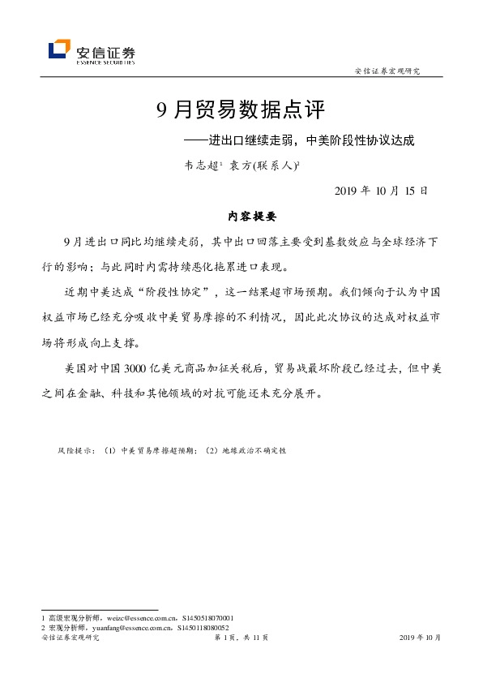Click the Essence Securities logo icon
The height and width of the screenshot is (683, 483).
pyautogui.click(x=59, y=49)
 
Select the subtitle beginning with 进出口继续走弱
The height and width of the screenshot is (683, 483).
pyautogui.click(x=311, y=140)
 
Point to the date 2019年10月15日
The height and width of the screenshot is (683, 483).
pyautogui.click(x=380, y=191)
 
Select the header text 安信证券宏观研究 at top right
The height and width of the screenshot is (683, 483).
pyautogui.click(x=388, y=71)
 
